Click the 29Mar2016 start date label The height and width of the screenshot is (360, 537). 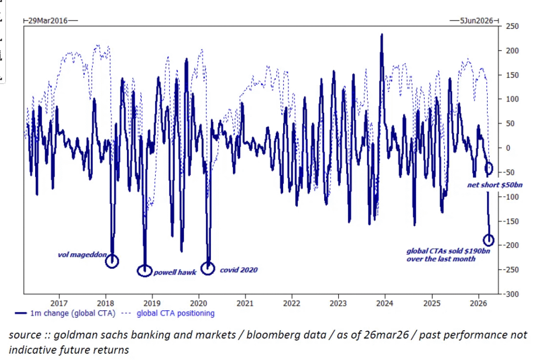[x=48, y=20]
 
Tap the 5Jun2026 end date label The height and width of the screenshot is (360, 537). [x=477, y=20]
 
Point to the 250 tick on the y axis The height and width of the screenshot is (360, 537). [x=512, y=26]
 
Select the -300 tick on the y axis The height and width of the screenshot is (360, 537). [x=512, y=294]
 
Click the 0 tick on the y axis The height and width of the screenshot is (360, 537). [x=508, y=148]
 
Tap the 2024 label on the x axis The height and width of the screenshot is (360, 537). [x=385, y=303]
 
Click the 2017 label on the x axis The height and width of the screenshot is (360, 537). [x=59, y=303]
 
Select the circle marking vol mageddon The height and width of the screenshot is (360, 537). [x=112, y=260]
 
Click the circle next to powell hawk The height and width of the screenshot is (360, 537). [x=145, y=270]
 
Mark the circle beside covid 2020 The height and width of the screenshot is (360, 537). [x=208, y=268]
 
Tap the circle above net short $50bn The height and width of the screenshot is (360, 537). [x=489, y=168]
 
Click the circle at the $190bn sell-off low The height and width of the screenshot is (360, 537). [x=488, y=240]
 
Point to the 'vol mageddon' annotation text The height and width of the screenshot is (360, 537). [x=82, y=256]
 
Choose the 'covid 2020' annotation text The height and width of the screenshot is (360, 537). [x=239, y=270]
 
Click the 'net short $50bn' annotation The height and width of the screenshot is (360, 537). [x=495, y=184]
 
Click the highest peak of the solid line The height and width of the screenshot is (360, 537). [x=382, y=34]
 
